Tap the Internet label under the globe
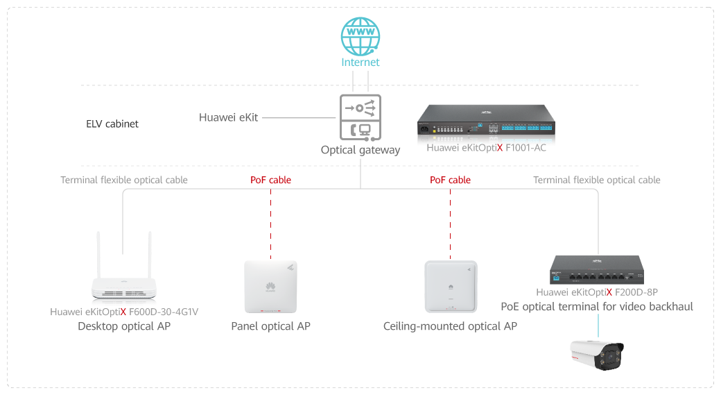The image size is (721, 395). [x=360, y=62]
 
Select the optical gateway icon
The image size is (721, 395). [x=360, y=117]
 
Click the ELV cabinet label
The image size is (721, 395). [x=112, y=124]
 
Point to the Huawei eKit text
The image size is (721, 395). [x=228, y=117]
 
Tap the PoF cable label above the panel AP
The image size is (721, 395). [x=270, y=180]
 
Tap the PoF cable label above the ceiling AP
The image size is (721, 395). [x=450, y=180]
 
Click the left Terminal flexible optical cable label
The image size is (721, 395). [x=124, y=180]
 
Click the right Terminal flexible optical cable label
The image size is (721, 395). [x=596, y=180]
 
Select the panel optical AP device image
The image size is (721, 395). [x=270, y=287]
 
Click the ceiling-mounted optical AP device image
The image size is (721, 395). [x=451, y=287]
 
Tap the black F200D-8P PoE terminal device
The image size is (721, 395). [x=596, y=270]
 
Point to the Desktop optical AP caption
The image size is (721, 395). [x=124, y=326]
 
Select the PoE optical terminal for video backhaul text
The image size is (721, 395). [x=596, y=306]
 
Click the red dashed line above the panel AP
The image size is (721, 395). [x=270, y=222]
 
